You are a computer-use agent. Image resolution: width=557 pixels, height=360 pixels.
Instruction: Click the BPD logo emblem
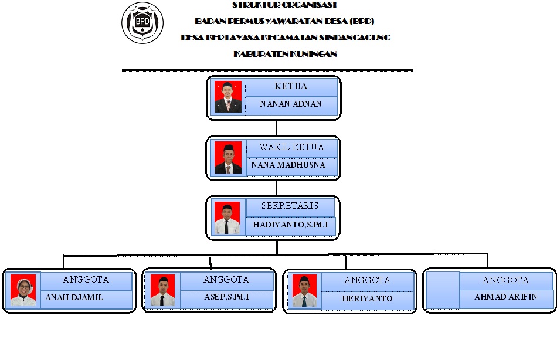tap(142, 23)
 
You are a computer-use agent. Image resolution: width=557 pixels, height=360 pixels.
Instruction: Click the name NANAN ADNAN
tap(291, 104)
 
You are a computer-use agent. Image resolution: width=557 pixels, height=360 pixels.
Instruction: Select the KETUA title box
tap(291, 86)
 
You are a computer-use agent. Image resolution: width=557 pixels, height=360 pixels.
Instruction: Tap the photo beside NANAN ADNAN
tap(227, 97)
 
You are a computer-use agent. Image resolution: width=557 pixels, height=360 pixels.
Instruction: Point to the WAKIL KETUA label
tap(291, 147)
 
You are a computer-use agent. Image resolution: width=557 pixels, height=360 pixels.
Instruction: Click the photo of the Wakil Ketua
tap(227, 158)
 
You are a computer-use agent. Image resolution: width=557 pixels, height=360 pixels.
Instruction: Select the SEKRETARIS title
tap(290, 206)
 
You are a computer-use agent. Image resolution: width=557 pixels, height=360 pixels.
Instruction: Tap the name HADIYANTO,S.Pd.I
tap(291, 224)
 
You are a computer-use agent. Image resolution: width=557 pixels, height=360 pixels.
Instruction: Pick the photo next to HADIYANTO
tap(227, 218)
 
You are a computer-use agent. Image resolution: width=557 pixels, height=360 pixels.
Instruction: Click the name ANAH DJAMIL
tap(74, 297)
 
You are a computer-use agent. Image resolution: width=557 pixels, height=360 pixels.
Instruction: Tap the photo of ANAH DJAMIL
tap(23, 291)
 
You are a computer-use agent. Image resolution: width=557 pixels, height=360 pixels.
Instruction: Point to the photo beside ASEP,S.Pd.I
tap(163, 291)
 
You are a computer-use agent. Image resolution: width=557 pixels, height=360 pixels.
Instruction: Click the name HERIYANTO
tap(367, 298)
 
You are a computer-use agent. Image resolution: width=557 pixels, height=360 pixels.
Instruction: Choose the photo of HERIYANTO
tap(304, 291)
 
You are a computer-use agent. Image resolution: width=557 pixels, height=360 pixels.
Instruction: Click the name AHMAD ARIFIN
tap(506, 297)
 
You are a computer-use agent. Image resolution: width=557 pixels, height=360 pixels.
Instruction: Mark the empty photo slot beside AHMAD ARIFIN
tap(441, 291)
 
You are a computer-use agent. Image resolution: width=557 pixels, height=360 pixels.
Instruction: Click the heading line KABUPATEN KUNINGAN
tap(285, 54)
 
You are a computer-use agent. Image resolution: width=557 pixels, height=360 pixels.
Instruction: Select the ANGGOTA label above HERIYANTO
tap(367, 280)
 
